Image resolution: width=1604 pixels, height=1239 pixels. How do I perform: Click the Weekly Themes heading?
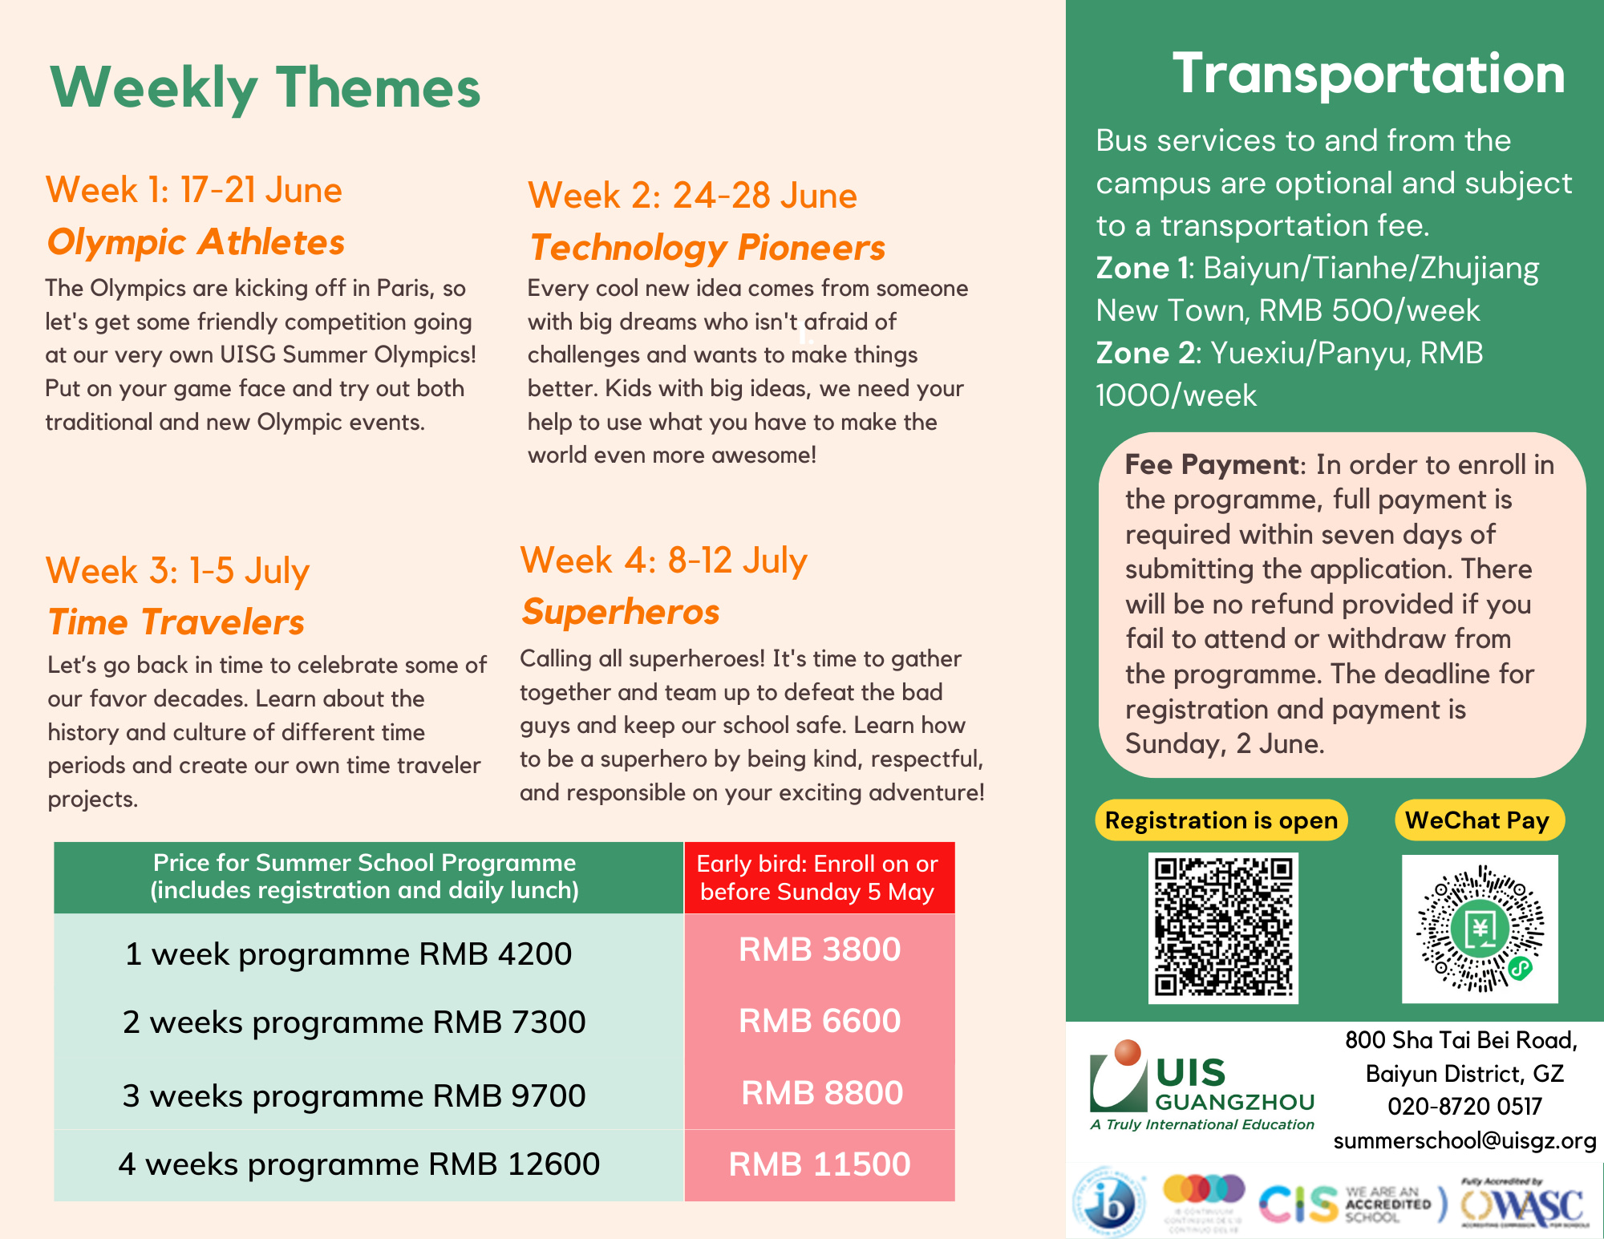(x=265, y=87)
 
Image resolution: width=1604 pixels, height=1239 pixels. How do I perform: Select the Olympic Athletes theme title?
(x=196, y=242)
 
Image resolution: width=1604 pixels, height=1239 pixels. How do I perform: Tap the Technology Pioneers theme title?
(x=707, y=248)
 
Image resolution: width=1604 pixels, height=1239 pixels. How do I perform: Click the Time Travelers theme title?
(x=176, y=622)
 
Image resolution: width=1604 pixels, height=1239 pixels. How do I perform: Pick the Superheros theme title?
(x=620, y=612)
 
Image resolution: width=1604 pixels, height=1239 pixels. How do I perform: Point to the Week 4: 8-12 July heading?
(x=663, y=561)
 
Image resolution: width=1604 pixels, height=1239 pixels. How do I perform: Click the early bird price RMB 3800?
(x=819, y=949)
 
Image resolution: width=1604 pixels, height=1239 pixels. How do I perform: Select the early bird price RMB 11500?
(x=819, y=1164)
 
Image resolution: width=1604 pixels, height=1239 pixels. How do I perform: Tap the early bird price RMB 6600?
(x=819, y=1021)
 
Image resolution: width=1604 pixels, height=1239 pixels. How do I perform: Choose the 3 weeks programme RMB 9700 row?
(x=354, y=1095)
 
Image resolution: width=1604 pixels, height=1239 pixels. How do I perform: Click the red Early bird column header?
(x=817, y=877)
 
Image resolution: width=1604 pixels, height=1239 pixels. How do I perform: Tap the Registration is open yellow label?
(x=1221, y=820)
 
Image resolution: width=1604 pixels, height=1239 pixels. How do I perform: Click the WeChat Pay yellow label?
(x=1477, y=820)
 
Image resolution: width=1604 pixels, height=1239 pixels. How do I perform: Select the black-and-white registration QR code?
(x=1223, y=927)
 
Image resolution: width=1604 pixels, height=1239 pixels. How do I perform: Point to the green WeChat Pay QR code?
(x=1480, y=929)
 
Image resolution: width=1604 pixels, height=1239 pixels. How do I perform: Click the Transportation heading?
(x=1368, y=74)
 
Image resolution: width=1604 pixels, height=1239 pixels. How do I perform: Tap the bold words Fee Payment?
(x=1211, y=464)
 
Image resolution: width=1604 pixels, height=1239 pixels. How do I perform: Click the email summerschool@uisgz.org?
(x=1464, y=1140)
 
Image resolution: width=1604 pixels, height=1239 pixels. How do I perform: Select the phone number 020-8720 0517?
(x=1464, y=1107)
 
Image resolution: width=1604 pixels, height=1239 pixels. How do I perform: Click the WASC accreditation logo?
(x=1524, y=1205)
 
